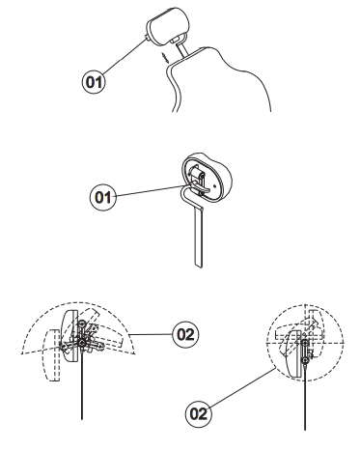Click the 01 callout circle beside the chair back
point(94,82)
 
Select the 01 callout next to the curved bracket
point(103,197)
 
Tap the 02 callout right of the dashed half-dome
point(185,335)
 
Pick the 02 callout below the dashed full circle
point(199,414)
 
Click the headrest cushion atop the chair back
point(167,26)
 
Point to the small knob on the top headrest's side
point(148,38)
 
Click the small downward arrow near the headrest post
point(165,58)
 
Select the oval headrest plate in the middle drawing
point(206,177)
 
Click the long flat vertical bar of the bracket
point(198,238)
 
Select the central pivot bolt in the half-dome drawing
point(83,343)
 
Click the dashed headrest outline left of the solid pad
point(51,355)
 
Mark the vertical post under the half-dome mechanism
point(82,384)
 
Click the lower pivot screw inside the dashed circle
point(305,359)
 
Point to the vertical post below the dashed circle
point(305,398)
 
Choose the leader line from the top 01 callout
point(124,55)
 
